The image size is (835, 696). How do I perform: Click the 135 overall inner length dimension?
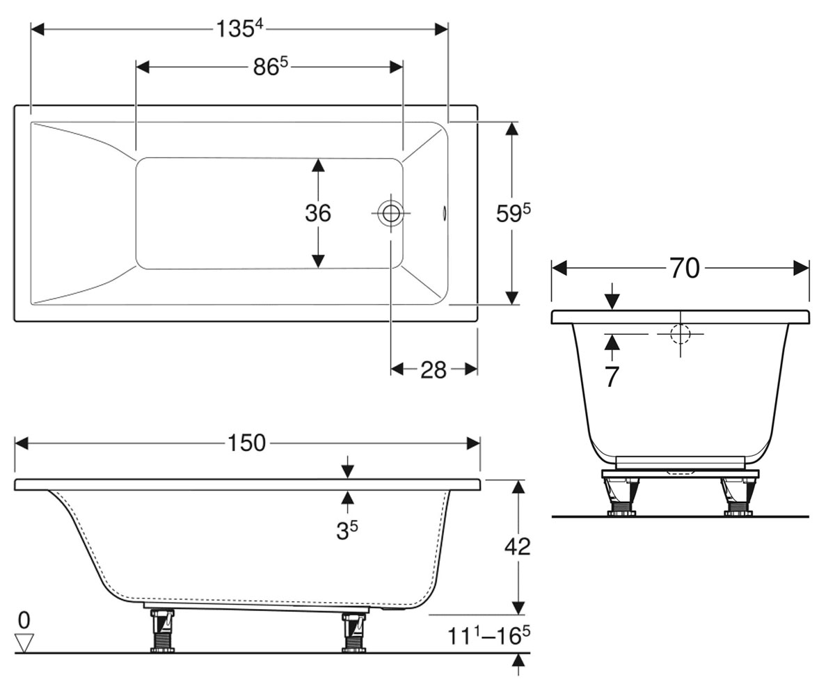coord(239,29)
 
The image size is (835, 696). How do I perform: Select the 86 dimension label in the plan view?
coord(271,66)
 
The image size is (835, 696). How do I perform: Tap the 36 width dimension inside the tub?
coord(318,213)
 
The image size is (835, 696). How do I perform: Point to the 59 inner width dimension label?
coord(513,213)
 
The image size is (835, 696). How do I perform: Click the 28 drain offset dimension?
coord(434,370)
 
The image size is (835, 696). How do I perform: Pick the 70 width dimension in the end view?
coord(685,268)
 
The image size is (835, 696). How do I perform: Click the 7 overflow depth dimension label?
coord(612,377)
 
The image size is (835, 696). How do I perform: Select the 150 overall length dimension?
coord(246,443)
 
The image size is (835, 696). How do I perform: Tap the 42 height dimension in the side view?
coord(518,546)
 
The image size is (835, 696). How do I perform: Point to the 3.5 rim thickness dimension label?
coord(347,530)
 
